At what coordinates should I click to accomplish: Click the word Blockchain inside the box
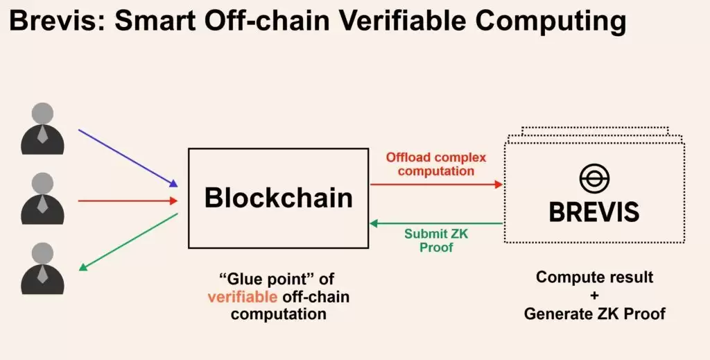tap(278, 198)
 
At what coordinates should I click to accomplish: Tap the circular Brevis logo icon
tap(594, 179)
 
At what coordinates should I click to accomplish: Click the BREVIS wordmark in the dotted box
tap(594, 212)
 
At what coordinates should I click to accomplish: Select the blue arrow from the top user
tap(128, 157)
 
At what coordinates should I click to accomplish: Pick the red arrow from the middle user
tap(128, 201)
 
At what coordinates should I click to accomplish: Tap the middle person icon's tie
tap(42, 203)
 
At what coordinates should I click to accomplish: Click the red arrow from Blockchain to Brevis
tap(436, 185)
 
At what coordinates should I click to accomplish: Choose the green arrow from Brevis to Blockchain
tap(436, 223)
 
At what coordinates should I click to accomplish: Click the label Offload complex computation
tap(436, 164)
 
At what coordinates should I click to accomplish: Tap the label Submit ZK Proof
tap(436, 240)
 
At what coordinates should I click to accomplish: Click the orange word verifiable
tap(241, 297)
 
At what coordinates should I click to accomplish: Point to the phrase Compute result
tap(594, 277)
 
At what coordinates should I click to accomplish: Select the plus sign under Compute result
tap(594, 295)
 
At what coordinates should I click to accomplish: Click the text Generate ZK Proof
tap(594, 314)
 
